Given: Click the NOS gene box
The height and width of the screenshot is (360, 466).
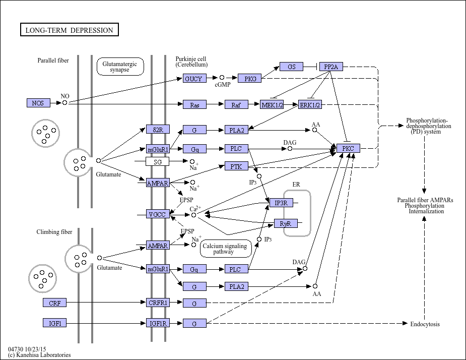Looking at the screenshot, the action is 38,103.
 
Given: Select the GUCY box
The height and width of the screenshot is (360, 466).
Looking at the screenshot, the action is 194,79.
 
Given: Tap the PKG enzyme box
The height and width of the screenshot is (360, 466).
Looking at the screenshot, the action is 250,79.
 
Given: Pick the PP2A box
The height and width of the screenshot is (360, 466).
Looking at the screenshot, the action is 331,67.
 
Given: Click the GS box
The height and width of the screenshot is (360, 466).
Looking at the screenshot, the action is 291,67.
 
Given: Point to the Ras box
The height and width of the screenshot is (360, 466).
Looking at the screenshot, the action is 194,105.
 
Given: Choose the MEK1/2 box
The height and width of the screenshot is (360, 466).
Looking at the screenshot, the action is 272,105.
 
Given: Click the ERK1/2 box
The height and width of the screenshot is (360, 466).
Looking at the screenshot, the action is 310,105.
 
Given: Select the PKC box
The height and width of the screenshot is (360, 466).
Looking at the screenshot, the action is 348,148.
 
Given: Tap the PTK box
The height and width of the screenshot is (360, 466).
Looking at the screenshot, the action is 236,166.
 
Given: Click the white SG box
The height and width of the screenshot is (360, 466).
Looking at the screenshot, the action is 158,161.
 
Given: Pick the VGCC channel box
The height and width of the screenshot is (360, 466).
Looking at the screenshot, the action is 158,214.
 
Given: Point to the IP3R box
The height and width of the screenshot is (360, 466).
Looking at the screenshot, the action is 281,203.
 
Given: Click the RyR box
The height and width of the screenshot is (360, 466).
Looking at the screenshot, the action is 286,223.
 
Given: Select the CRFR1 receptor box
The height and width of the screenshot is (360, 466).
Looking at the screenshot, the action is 158,303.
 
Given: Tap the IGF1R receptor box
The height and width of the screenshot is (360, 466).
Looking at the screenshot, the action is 158,323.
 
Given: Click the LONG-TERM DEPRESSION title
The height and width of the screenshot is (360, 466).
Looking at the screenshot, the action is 69,30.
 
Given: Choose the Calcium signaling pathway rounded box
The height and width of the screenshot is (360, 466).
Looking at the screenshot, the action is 226,249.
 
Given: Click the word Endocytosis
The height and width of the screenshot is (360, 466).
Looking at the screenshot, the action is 425,324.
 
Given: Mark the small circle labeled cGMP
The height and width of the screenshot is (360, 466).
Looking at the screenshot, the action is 222,78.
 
